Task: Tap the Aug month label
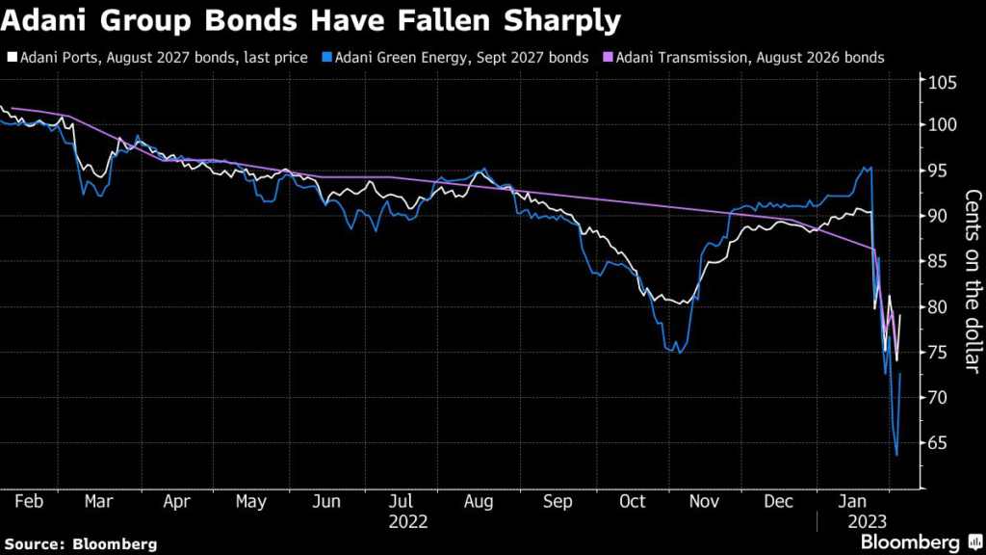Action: (479, 502)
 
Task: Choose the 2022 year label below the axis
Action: (408, 522)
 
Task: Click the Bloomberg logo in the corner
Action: (910, 542)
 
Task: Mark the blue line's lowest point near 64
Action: (896, 455)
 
